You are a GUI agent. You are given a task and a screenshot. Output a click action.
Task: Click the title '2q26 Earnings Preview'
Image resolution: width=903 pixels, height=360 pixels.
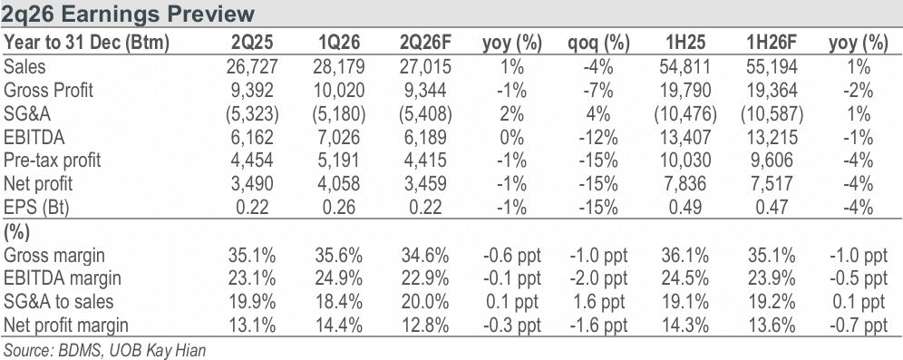[x=127, y=14]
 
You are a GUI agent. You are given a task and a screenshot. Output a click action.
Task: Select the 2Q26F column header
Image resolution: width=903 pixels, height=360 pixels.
[x=425, y=44]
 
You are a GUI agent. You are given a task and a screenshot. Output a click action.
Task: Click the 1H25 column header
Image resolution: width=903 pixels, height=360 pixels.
[x=684, y=44]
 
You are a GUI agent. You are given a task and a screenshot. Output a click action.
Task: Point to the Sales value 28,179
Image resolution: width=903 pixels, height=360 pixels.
[x=339, y=67]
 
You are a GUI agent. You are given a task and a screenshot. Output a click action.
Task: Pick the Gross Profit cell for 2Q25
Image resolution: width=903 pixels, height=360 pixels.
[x=254, y=91]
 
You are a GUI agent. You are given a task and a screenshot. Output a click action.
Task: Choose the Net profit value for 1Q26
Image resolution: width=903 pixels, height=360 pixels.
[x=339, y=184]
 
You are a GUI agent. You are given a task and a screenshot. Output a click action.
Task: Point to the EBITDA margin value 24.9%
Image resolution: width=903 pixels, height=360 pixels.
[x=339, y=278]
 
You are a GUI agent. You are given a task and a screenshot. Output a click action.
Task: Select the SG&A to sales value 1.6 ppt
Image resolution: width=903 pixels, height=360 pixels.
[x=599, y=302]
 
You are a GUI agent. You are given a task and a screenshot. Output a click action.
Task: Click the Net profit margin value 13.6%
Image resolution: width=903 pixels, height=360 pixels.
[x=772, y=326]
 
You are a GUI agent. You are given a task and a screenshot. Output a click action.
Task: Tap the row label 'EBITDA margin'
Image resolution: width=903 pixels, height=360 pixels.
[x=63, y=278]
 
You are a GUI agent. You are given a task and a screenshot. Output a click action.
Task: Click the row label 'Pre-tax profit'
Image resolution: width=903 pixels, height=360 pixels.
[x=53, y=161]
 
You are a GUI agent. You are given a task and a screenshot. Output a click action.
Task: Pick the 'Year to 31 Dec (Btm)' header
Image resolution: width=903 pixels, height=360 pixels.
[x=86, y=44]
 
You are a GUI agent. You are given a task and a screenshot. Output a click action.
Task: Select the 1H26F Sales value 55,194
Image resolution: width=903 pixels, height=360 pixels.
[x=772, y=67]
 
